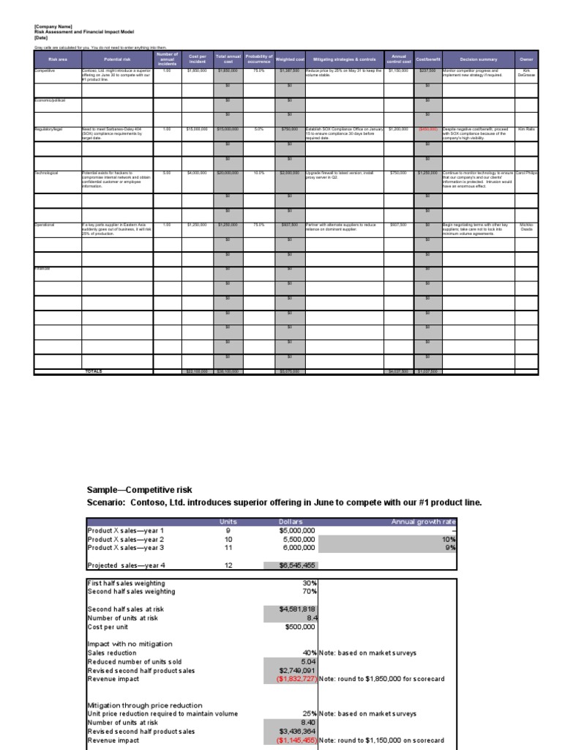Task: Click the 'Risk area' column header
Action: (57, 59)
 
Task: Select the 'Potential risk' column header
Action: (117, 59)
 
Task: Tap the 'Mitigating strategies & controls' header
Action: (344, 59)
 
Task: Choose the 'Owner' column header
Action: (526, 59)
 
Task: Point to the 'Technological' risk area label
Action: (49, 174)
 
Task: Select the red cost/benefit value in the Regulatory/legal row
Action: (427, 129)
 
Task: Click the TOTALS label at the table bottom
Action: (94, 371)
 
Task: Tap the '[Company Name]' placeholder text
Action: (53, 26)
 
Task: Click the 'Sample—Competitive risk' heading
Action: (140, 489)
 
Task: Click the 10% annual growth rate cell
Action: (450, 539)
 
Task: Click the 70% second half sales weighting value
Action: (308, 591)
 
